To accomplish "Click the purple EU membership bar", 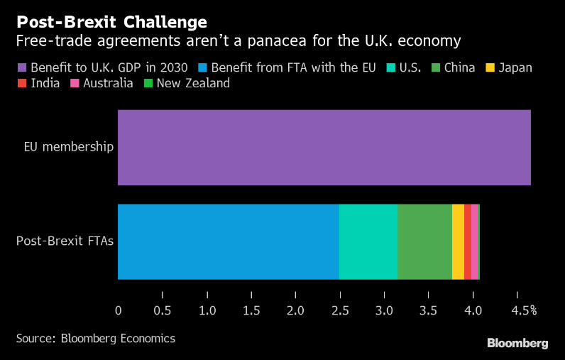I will (x=324, y=148).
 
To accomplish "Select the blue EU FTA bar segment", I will (x=228, y=241).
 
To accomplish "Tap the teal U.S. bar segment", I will (x=368, y=241).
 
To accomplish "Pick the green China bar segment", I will (x=424, y=241).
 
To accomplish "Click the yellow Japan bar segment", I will (x=458, y=241).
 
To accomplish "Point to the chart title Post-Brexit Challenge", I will (x=111, y=22).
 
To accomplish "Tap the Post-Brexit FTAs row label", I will (x=65, y=241).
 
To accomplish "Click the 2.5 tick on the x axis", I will (x=339, y=310).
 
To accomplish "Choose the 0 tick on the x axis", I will (x=118, y=310).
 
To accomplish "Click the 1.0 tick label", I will (x=207, y=310).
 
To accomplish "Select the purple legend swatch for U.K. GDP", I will (x=21, y=68).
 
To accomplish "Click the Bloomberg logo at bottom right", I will (x=517, y=344).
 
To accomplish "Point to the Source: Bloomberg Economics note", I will (x=96, y=339).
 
